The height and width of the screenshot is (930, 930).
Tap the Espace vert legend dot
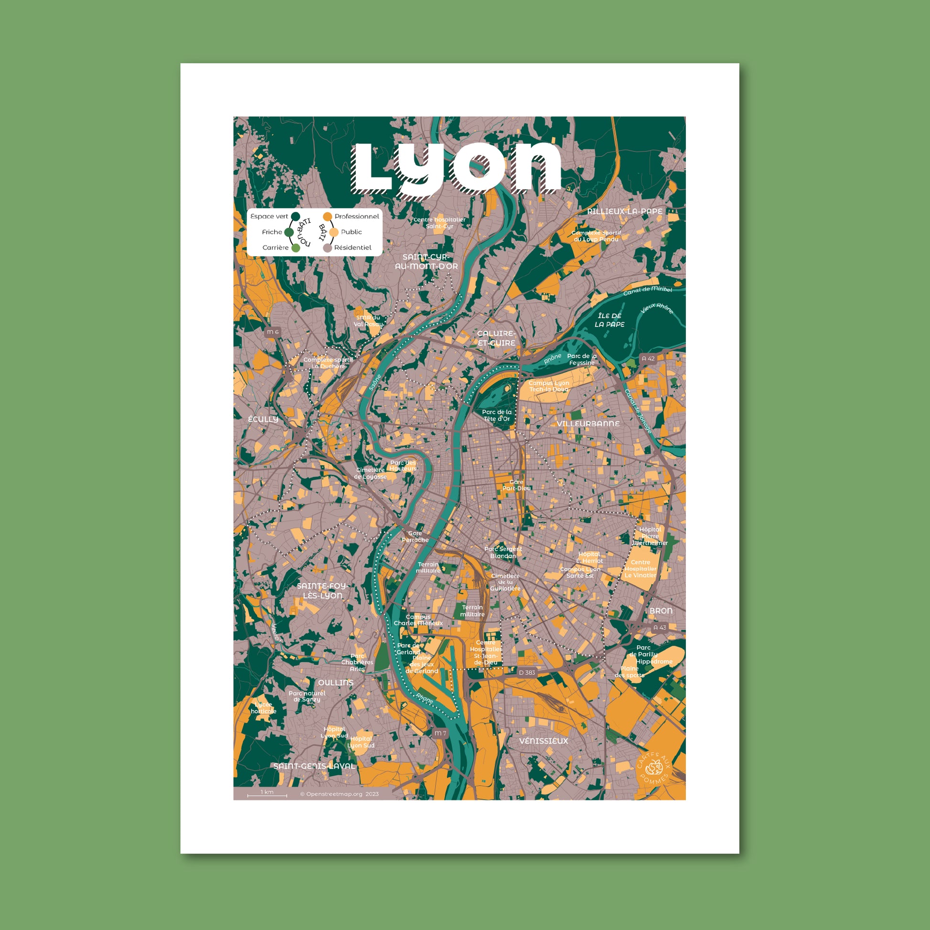click(x=296, y=216)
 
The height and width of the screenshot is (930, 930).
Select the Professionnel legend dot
click(x=328, y=216)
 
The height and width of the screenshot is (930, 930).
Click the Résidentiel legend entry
click(x=352, y=248)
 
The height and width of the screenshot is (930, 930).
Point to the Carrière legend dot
click(x=295, y=248)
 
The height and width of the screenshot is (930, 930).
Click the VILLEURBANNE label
click(x=588, y=423)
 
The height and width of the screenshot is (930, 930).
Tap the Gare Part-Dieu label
click(x=517, y=485)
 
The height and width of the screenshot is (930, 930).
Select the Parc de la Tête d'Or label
click(x=497, y=415)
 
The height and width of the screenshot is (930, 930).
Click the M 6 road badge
click(x=273, y=332)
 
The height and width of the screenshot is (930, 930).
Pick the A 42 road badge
click(x=649, y=358)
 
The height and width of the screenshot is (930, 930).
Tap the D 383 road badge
click(x=527, y=672)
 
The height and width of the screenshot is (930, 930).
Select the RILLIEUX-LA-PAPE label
click(x=624, y=211)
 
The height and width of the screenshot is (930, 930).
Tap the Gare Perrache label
click(x=415, y=537)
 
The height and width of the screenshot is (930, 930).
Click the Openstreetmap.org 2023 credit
click(x=339, y=794)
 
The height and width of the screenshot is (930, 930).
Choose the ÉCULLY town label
click(x=263, y=419)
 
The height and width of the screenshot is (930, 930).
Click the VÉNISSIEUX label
click(x=543, y=741)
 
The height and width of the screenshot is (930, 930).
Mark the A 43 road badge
click(x=660, y=627)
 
